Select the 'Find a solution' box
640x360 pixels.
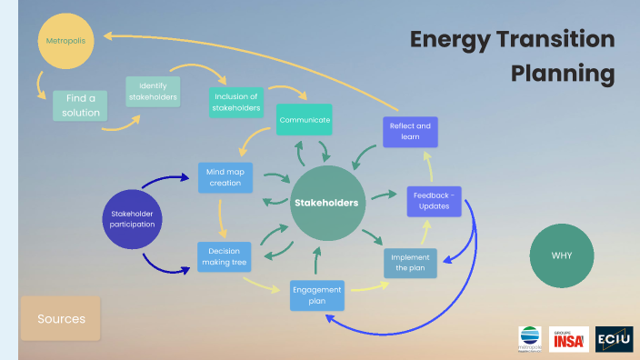coord(81,105)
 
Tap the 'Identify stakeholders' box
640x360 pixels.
coord(152,91)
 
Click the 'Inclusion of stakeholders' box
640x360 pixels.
coord(235,102)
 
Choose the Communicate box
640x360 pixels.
coord(305,120)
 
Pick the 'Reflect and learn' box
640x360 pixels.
coord(410,131)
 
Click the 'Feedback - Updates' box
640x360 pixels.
coord(435,201)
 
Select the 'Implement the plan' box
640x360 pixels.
coord(410,263)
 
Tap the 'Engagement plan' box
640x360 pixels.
coord(317,295)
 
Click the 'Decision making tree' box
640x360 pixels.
coord(225,257)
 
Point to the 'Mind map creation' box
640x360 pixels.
coord(225,176)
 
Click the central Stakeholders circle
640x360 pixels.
coord(325,203)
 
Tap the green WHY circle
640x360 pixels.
coord(561,255)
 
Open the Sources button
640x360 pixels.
coord(61,319)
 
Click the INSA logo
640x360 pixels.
coord(569,339)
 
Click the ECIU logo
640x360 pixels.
coord(614,339)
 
